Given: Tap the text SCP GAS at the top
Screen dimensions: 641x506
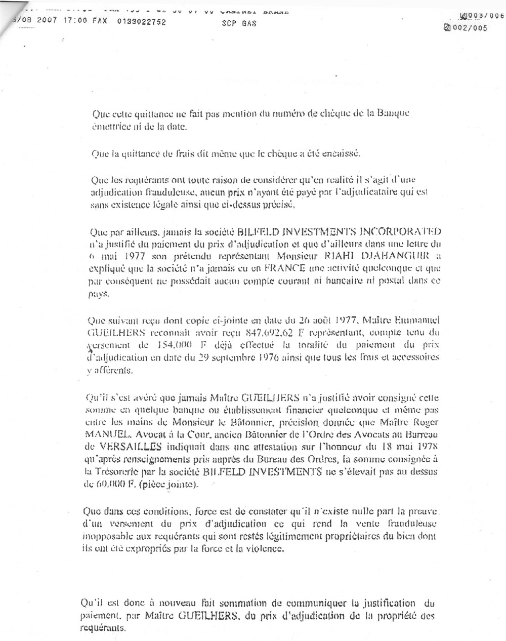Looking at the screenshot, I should (239, 23).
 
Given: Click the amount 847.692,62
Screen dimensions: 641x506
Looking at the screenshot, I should (276, 333).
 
